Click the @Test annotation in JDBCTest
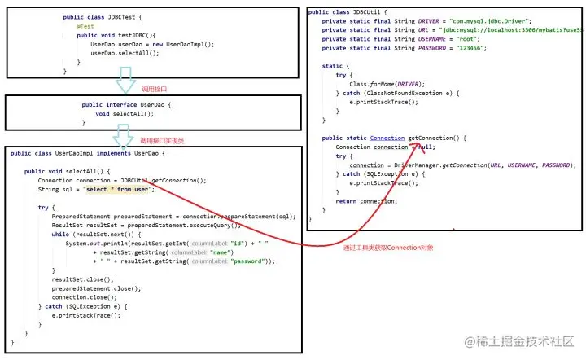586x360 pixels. tap(75, 26)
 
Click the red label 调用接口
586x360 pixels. tap(154, 88)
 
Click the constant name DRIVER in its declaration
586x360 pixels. tap(432, 20)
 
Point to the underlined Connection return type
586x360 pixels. tap(387, 138)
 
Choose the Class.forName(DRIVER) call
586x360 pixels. tap(386, 83)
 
